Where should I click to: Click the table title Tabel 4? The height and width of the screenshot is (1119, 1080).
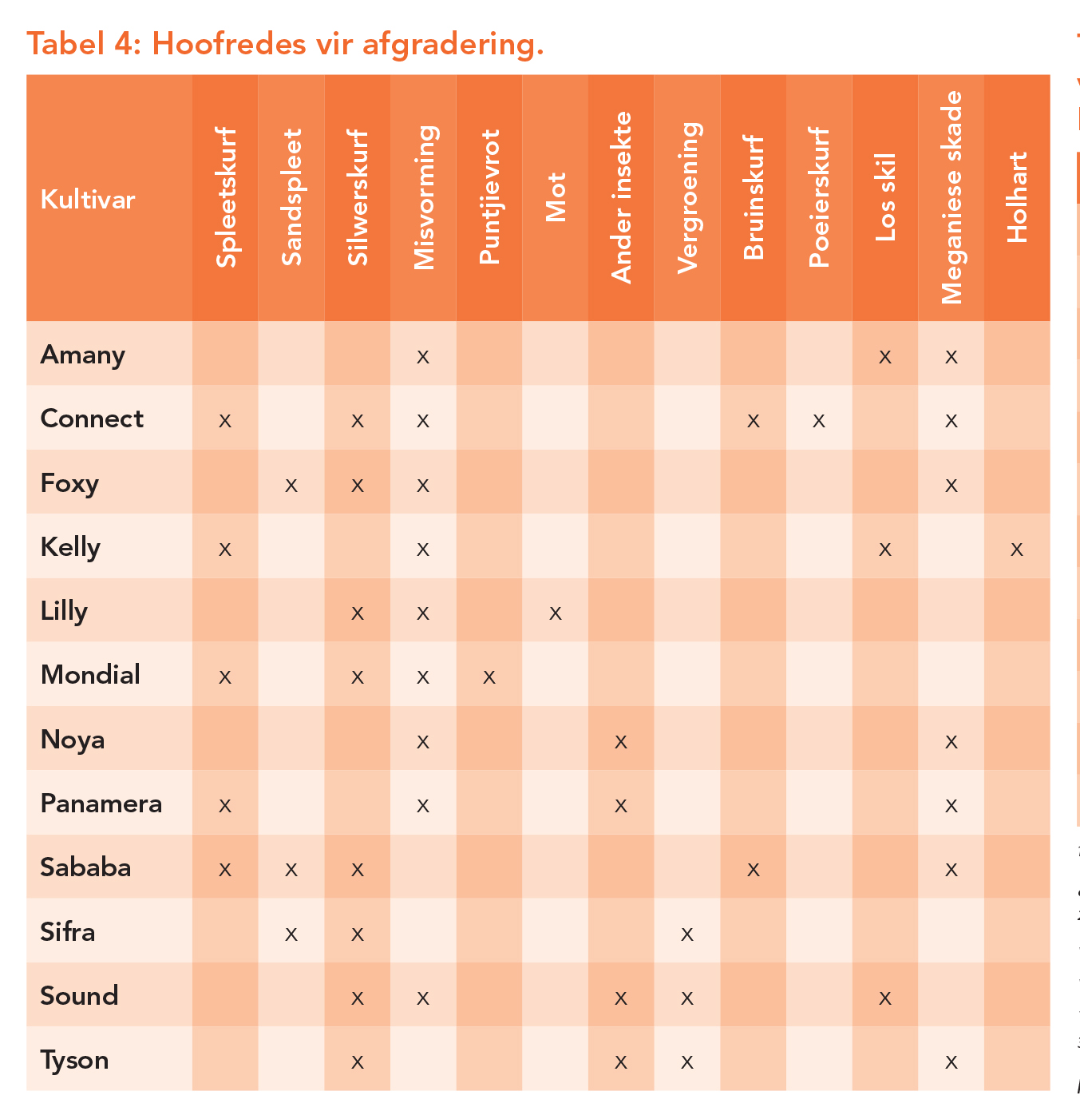[285, 43]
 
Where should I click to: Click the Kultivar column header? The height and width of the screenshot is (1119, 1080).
[88, 200]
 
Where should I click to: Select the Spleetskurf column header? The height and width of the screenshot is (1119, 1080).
[226, 197]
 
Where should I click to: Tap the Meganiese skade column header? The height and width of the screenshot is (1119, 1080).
[951, 197]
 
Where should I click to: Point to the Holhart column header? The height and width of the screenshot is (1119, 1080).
[1016, 197]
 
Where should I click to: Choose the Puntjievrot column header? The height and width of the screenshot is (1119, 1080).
[489, 197]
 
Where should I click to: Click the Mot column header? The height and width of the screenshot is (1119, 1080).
[556, 197]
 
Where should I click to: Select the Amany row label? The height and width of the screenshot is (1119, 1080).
[82, 355]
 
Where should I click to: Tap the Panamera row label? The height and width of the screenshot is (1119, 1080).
[101, 804]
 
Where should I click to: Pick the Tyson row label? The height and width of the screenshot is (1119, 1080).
[74, 1060]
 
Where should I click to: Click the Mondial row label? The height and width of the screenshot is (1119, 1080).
[90, 675]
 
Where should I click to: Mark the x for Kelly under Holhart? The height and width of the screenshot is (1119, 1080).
[1016, 550]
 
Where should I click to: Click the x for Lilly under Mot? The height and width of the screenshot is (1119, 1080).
[556, 613]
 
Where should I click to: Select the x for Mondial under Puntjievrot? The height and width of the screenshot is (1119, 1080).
[489, 677]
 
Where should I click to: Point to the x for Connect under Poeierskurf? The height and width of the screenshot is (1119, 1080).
[818, 421]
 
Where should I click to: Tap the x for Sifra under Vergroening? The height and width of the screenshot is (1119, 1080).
[686, 934]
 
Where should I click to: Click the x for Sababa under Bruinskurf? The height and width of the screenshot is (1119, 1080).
[753, 870]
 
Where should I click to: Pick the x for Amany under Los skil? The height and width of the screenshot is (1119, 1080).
[884, 357]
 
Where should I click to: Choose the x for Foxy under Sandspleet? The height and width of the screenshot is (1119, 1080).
[291, 485]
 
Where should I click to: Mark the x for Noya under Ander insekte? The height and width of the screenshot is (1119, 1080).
[620, 742]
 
